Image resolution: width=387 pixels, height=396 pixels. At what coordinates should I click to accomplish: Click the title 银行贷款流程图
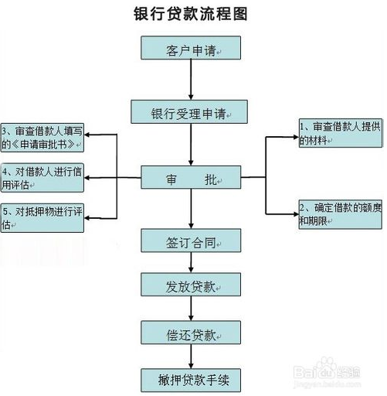click(x=191, y=14)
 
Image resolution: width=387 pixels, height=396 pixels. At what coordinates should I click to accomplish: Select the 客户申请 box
click(x=191, y=48)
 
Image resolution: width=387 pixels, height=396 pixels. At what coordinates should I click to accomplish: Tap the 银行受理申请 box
click(x=189, y=111)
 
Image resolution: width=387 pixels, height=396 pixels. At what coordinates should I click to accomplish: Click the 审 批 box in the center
click(x=191, y=177)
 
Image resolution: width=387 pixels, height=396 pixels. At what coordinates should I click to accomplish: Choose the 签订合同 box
click(x=191, y=241)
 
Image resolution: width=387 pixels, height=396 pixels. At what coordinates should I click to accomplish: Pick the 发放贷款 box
click(x=191, y=285)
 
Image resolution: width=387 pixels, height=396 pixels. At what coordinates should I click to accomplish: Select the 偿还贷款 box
click(x=191, y=333)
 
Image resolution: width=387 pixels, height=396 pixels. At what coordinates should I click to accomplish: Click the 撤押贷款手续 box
click(x=191, y=381)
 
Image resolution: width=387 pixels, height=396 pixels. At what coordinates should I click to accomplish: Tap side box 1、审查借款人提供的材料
click(x=341, y=133)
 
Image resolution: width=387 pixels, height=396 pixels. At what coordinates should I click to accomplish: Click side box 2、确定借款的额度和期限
click(x=341, y=214)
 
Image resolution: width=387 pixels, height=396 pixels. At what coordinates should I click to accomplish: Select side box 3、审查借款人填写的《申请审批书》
click(x=42, y=138)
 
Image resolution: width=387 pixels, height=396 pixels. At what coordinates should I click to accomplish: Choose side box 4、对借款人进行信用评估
click(x=42, y=178)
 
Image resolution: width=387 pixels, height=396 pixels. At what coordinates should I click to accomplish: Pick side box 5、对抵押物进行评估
click(x=42, y=218)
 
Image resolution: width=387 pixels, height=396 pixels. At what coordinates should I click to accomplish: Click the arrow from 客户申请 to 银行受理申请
click(x=191, y=80)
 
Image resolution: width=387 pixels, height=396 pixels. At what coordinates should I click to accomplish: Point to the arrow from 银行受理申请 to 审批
click(x=191, y=145)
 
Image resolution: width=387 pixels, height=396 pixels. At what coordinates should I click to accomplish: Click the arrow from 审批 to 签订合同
click(x=191, y=209)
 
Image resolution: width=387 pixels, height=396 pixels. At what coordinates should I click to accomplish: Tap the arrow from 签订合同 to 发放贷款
click(x=191, y=262)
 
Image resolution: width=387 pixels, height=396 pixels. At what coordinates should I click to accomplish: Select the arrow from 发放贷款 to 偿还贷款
click(x=191, y=309)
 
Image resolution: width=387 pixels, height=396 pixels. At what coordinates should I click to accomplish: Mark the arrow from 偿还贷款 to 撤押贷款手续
click(x=191, y=357)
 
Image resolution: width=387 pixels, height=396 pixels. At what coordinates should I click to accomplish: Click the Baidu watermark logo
click(x=327, y=371)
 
